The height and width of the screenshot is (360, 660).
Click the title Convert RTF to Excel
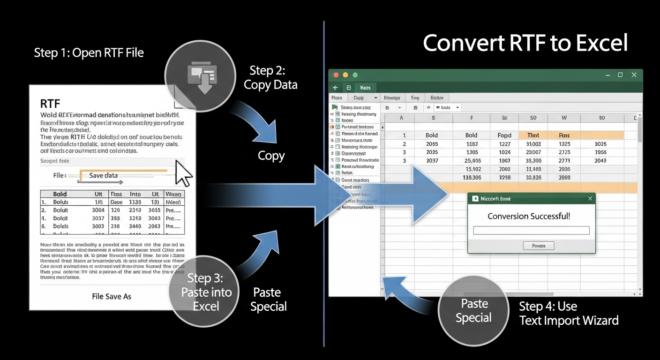tap(525, 43)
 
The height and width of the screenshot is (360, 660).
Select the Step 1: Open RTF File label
tap(89, 52)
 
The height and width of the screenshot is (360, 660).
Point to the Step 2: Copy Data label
tap(270, 77)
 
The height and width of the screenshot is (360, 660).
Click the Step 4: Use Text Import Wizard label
tap(568, 314)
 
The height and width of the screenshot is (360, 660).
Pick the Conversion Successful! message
tap(529, 216)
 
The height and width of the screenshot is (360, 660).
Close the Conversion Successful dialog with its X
tap(590, 198)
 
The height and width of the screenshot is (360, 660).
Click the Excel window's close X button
tap(634, 75)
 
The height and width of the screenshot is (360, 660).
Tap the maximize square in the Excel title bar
tap(620, 75)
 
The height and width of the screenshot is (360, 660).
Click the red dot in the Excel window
tap(336, 75)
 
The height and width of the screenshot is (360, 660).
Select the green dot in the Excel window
tap(355, 75)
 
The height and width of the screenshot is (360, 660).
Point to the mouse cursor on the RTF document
tap(183, 173)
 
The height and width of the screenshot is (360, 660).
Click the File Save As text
tap(112, 296)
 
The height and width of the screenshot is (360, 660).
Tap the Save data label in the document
tap(103, 175)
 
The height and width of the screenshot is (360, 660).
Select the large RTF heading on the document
tap(50, 104)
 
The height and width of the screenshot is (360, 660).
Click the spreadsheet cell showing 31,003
tap(533, 144)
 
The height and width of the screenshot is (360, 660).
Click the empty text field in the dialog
tap(531, 230)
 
